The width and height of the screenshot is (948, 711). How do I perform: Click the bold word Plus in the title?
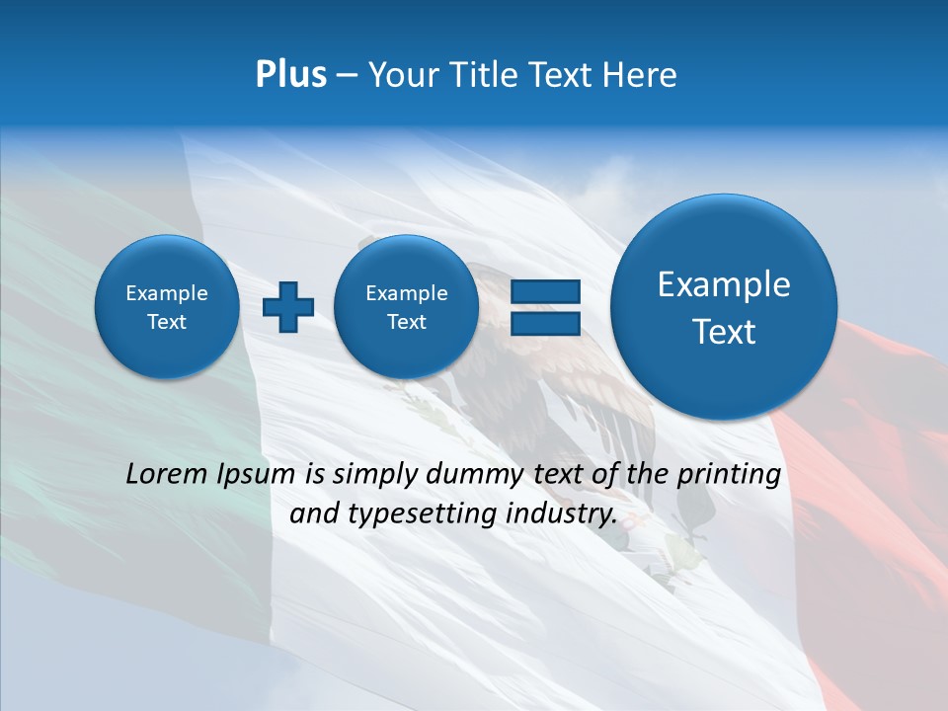pos(290,75)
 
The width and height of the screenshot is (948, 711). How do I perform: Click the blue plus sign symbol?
pos(287,306)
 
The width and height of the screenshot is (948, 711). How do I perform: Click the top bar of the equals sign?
pos(544,291)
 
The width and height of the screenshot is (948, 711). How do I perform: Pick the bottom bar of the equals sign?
pos(544,323)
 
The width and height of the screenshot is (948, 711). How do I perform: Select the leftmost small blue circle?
pos(167,306)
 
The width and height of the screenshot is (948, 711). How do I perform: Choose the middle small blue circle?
pos(406,306)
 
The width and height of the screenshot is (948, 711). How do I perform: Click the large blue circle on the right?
pos(724,306)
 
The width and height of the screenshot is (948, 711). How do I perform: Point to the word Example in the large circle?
pos(724,284)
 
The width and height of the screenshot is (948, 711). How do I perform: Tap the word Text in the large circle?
pos(724,332)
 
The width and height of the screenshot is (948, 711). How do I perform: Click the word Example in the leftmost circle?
pos(167,293)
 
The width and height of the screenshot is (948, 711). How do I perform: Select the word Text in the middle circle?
pos(406,322)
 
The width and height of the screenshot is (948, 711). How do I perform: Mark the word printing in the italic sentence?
pos(732,475)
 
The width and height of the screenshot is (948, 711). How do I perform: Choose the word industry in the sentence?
pos(562,514)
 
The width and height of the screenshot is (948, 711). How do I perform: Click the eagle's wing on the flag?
pos(592,395)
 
